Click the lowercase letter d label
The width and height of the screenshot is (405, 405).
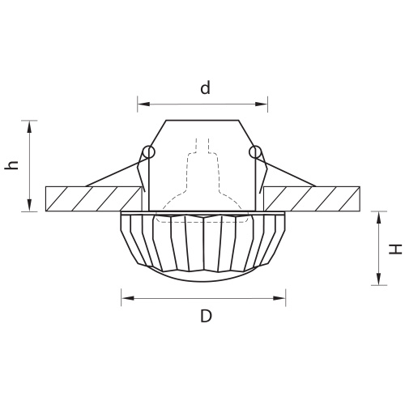pyautogui.click(x=205, y=88)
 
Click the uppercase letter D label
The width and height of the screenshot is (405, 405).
pyautogui.click(x=206, y=316)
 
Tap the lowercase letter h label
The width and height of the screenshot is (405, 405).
pyautogui.click(x=11, y=165)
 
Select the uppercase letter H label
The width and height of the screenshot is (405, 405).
pyautogui.click(x=395, y=249)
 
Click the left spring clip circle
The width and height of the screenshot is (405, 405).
pyautogui.click(x=149, y=152)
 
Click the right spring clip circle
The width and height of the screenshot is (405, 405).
pyautogui.click(x=255, y=152)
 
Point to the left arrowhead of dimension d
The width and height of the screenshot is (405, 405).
pyautogui.click(x=143, y=104)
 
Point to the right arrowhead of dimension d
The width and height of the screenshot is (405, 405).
pyautogui.click(x=262, y=104)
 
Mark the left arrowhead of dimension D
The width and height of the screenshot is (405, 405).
pyautogui.click(x=127, y=298)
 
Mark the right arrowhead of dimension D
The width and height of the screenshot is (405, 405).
pyautogui.click(x=279, y=298)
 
